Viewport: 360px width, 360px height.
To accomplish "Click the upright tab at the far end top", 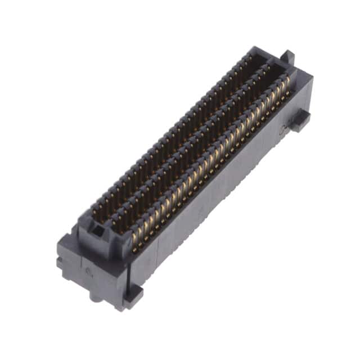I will point(288,57).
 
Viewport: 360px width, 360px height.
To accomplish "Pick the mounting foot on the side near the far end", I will point(300,120).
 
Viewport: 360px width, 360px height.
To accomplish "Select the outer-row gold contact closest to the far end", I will point(287,84).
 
